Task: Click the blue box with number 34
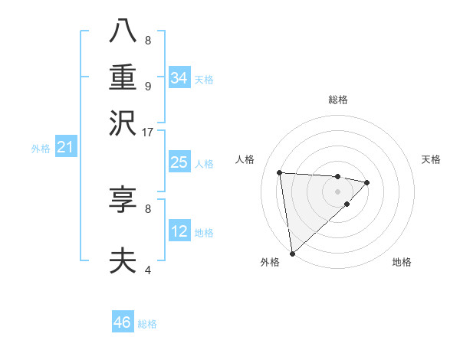coord(179,78)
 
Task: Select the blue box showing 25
coord(179,162)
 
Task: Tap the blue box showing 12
coord(179,231)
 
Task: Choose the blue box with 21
coord(64,147)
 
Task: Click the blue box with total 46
coord(123,322)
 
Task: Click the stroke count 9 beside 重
coord(147,86)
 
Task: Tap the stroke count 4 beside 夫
coord(147,270)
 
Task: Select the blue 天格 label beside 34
coord(204,80)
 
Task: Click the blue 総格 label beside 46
coord(147,324)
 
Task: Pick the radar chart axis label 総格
coord(338,100)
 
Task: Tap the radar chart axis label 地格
coord(402,262)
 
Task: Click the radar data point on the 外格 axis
coord(292,253)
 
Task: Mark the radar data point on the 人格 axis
coord(280,172)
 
